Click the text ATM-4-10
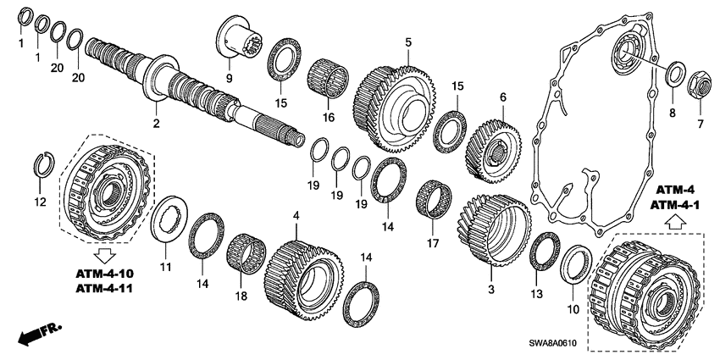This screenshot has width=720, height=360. (107, 274)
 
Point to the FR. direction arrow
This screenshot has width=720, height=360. (33, 334)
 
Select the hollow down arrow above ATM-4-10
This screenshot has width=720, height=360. (106, 252)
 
